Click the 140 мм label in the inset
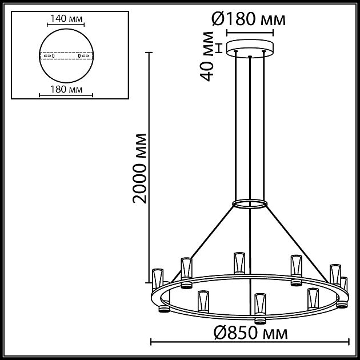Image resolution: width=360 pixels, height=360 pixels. [x=64, y=19]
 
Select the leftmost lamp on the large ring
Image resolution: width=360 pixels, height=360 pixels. [x=158, y=279]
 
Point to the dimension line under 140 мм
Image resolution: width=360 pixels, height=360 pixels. [x=64, y=26]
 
